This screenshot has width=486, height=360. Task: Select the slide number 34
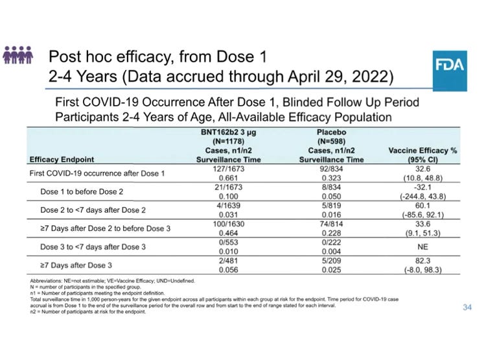pos(467,307)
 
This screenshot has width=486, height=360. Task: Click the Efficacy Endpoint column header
pos(62,159)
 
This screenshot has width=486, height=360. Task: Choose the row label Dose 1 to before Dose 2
pos(81,192)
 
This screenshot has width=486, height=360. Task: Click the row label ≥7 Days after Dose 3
pos(77,266)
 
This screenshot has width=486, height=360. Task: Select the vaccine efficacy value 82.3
pos(422,261)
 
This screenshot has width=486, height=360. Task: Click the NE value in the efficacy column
pos(422,247)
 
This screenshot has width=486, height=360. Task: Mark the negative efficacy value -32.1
pos(422,187)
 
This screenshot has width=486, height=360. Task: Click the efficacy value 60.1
pos(422,206)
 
